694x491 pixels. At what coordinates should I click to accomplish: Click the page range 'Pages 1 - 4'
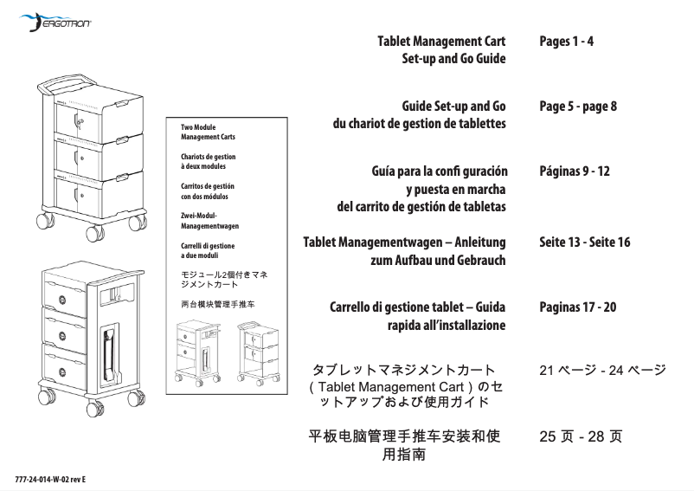click(x=566, y=41)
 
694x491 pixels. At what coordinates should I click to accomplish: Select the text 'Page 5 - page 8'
click(x=577, y=107)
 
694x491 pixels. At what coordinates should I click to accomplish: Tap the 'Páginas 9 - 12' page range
click(x=574, y=171)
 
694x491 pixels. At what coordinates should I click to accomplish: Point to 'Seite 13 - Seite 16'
click(x=584, y=242)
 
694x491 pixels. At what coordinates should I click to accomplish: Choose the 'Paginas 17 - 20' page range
click(x=577, y=307)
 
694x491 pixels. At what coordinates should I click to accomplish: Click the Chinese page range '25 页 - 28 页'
click(x=580, y=436)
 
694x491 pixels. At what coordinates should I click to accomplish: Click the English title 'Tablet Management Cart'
click(x=441, y=41)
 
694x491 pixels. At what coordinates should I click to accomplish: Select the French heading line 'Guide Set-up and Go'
click(x=453, y=107)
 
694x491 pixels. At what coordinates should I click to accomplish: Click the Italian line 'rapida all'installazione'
click(x=446, y=325)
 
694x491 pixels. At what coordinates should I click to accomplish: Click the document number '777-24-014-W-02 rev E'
click(x=51, y=479)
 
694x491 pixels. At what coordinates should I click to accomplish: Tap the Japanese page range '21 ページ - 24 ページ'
click(x=601, y=371)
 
